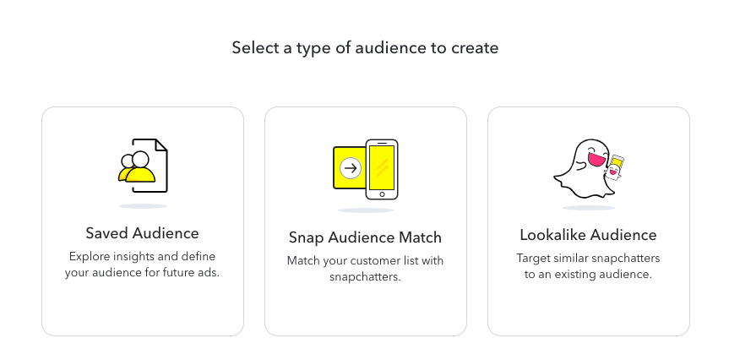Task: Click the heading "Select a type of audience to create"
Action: [x=365, y=48]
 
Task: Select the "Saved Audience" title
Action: [x=142, y=233]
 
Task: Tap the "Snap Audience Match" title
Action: [x=365, y=237]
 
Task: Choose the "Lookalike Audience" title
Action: [x=588, y=235]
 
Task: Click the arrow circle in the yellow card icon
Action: [x=351, y=168]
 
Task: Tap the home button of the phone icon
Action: [x=382, y=194]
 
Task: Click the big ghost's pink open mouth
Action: [x=596, y=159]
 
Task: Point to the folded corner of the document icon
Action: [x=160, y=145]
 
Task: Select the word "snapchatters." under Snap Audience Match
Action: [x=365, y=276]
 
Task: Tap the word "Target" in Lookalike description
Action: [x=531, y=258]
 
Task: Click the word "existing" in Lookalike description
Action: [x=579, y=275]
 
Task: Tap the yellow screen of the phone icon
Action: [x=382, y=168]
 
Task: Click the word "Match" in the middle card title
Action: [x=421, y=237]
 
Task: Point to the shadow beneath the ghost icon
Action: [x=589, y=207]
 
